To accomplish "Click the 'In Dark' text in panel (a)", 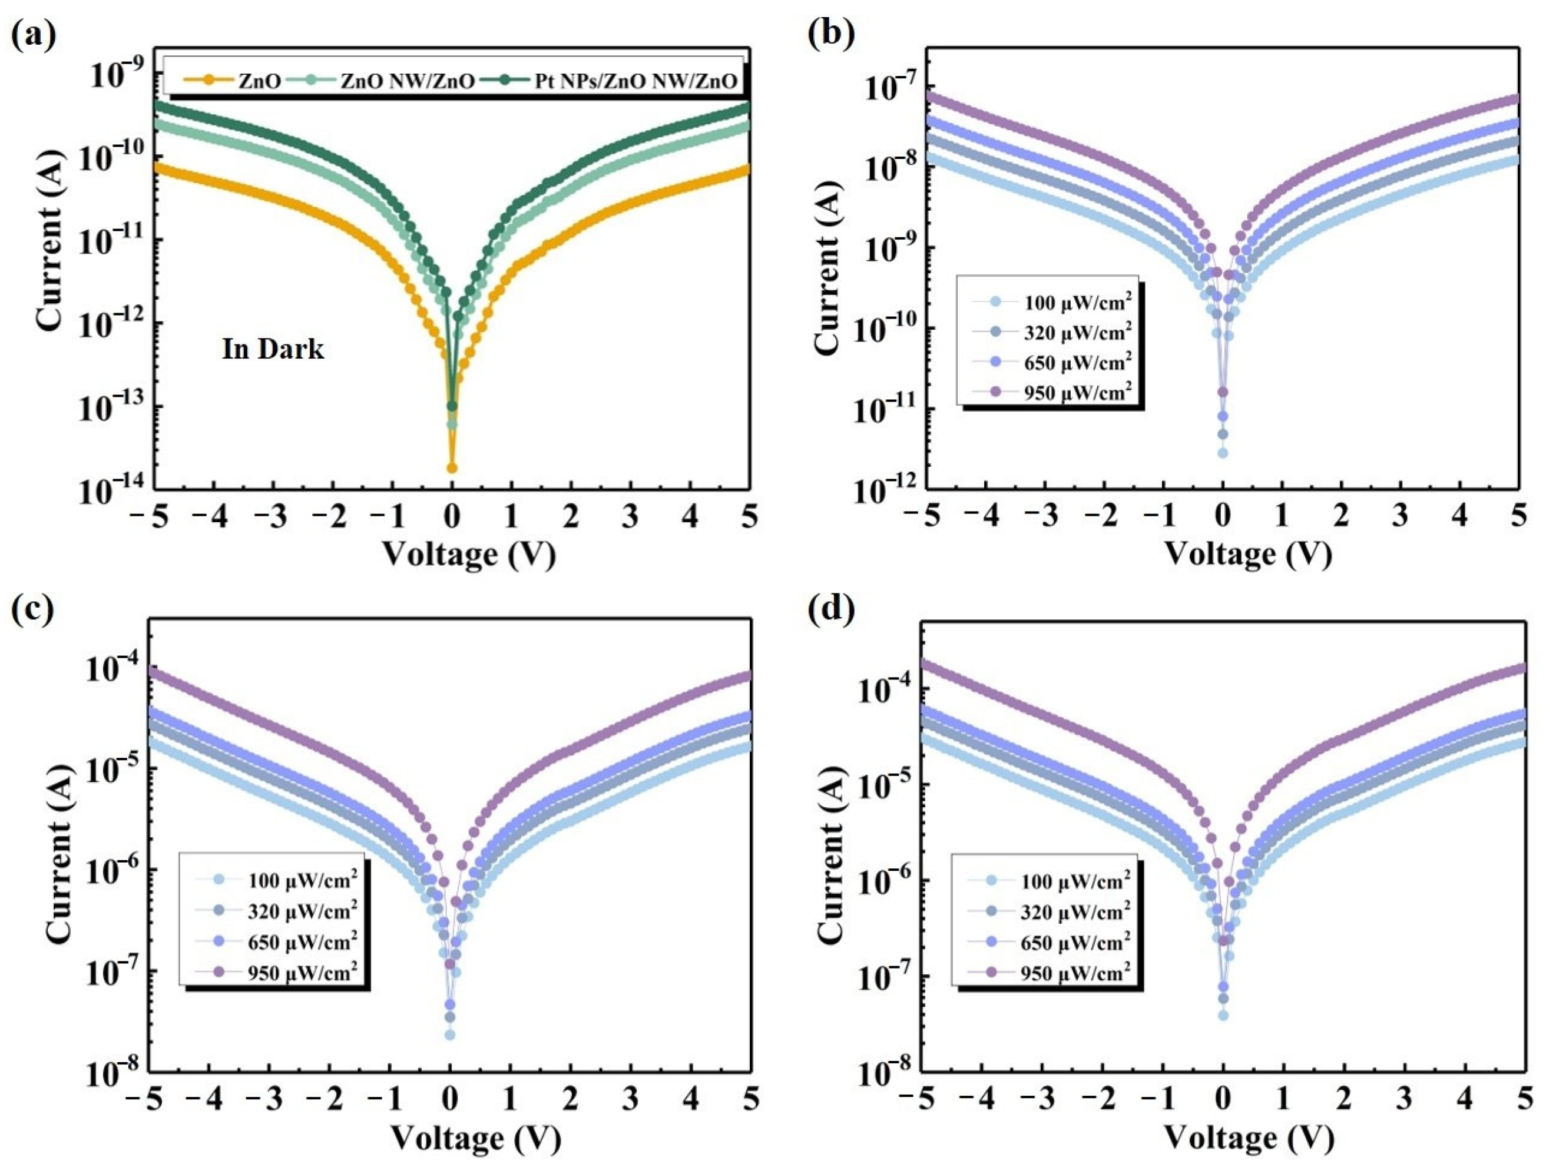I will pos(273,349).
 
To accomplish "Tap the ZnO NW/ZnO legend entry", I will pos(407,81).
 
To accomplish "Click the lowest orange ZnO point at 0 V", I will pos(452,468).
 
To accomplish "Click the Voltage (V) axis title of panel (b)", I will pos(1247,554).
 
